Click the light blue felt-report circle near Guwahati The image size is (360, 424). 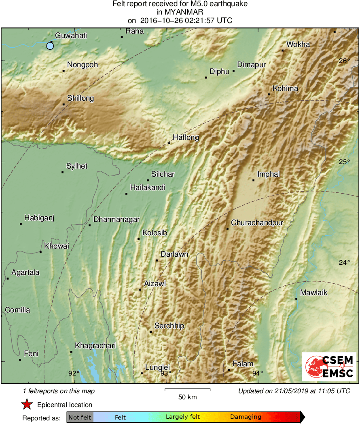click(50, 46)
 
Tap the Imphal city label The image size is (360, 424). click(269, 174)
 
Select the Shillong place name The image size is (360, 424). click(80, 98)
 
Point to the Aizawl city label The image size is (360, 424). click(155, 284)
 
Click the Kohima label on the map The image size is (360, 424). click(285, 89)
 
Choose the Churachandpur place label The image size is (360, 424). click(257, 223)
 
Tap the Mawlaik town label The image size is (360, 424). click(313, 293)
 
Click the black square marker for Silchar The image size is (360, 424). click(148, 180)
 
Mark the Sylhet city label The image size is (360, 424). click(77, 166)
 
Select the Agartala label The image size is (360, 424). click(25, 272)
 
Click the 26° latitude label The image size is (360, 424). click(344, 61)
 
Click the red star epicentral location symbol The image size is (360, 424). click(27, 405)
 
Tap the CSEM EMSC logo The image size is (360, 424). click(329, 366)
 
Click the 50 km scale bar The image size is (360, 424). click(187, 390)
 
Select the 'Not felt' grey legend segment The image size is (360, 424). click(80, 417)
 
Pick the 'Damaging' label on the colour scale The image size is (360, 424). click(246, 417)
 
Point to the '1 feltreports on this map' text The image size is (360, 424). click(59, 391)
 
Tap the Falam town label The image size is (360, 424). click(243, 364)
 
